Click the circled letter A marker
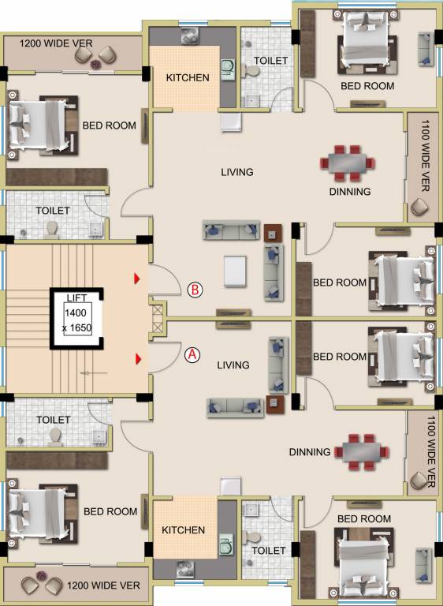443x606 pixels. (x=191, y=355)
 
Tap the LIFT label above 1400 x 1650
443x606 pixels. (x=77, y=297)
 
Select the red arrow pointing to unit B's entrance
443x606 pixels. (x=138, y=279)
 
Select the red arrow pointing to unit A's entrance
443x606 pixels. (x=138, y=360)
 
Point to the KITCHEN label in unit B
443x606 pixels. (x=188, y=78)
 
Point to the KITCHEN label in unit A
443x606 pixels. (x=184, y=530)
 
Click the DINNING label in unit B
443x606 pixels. (x=349, y=192)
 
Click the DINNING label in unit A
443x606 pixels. (x=309, y=452)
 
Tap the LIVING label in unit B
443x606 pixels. (x=236, y=172)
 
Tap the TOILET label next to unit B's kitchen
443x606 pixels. (x=270, y=60)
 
